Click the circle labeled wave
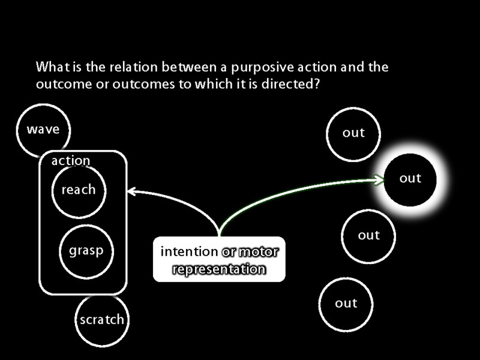pos(43,130)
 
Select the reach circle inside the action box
pos(79,190)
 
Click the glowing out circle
pos(410,178)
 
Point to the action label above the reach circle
pos(71,161)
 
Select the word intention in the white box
pos(189,251)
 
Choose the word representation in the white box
pos(219,269)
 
